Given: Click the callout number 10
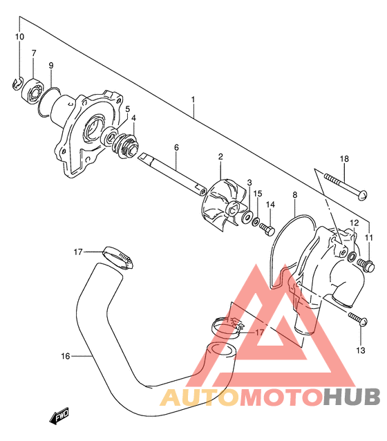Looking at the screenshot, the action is (x=19, y=37).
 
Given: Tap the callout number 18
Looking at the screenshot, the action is (x=344, y=159).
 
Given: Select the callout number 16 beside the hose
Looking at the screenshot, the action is (x=66, y=356).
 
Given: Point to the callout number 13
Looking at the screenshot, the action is (x=361, y=350).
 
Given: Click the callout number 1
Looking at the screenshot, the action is (x=193, y=100).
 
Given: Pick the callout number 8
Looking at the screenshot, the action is (x=295, y=195).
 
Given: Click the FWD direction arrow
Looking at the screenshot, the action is (x=59, y=415).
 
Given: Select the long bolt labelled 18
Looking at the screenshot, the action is (x=346, y=185).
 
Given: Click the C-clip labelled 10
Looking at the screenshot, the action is (x=17, y=84).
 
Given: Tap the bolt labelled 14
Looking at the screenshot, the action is (x=267, y=229).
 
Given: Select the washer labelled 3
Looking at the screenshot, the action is (x=247, y=216).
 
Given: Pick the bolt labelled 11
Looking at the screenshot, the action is (x=366, y=265).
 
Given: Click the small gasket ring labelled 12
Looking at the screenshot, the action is (x=352, y=256).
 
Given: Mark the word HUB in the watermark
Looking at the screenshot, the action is (x=352, y=396).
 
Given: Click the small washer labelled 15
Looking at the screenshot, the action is (x=256, y=222).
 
